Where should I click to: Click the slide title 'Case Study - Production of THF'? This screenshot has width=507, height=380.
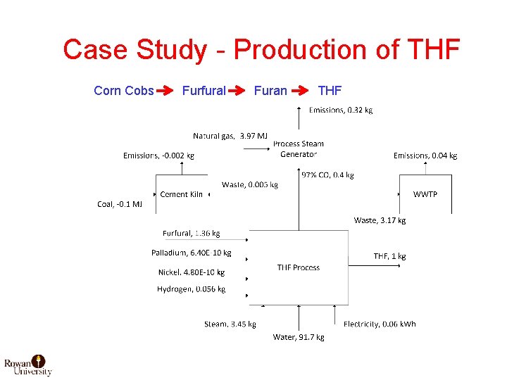(261, 50)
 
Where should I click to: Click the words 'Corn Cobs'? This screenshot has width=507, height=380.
(123, 91)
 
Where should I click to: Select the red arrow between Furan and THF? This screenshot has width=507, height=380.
(302, 91)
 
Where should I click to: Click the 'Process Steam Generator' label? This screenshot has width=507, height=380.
(299, 148)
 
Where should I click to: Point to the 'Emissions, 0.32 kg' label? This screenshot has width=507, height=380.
(341, 110)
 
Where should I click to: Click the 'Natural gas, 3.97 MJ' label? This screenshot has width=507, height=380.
(230, 135)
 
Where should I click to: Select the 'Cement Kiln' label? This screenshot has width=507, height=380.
(182, 194)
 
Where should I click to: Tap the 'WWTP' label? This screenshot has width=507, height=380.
(425, 194)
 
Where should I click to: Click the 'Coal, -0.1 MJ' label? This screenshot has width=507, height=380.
(120, 205)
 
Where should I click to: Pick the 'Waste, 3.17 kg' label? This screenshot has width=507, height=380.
(380, 220)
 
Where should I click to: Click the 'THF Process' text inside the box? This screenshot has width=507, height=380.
(298, 267)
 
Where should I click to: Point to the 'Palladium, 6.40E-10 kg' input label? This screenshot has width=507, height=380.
(191, 253)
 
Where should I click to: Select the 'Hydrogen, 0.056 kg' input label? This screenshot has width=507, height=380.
(191, 289)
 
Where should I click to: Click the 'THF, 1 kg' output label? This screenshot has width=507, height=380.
(389, 256)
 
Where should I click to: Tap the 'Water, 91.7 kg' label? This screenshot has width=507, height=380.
(299, 337)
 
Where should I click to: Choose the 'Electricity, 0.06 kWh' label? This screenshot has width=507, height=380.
(380, 324)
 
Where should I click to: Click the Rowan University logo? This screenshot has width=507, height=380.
(28, 365)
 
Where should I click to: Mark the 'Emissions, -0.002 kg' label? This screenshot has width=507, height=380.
(158, 156)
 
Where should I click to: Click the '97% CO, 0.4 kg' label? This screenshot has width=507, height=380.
(327, 175)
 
